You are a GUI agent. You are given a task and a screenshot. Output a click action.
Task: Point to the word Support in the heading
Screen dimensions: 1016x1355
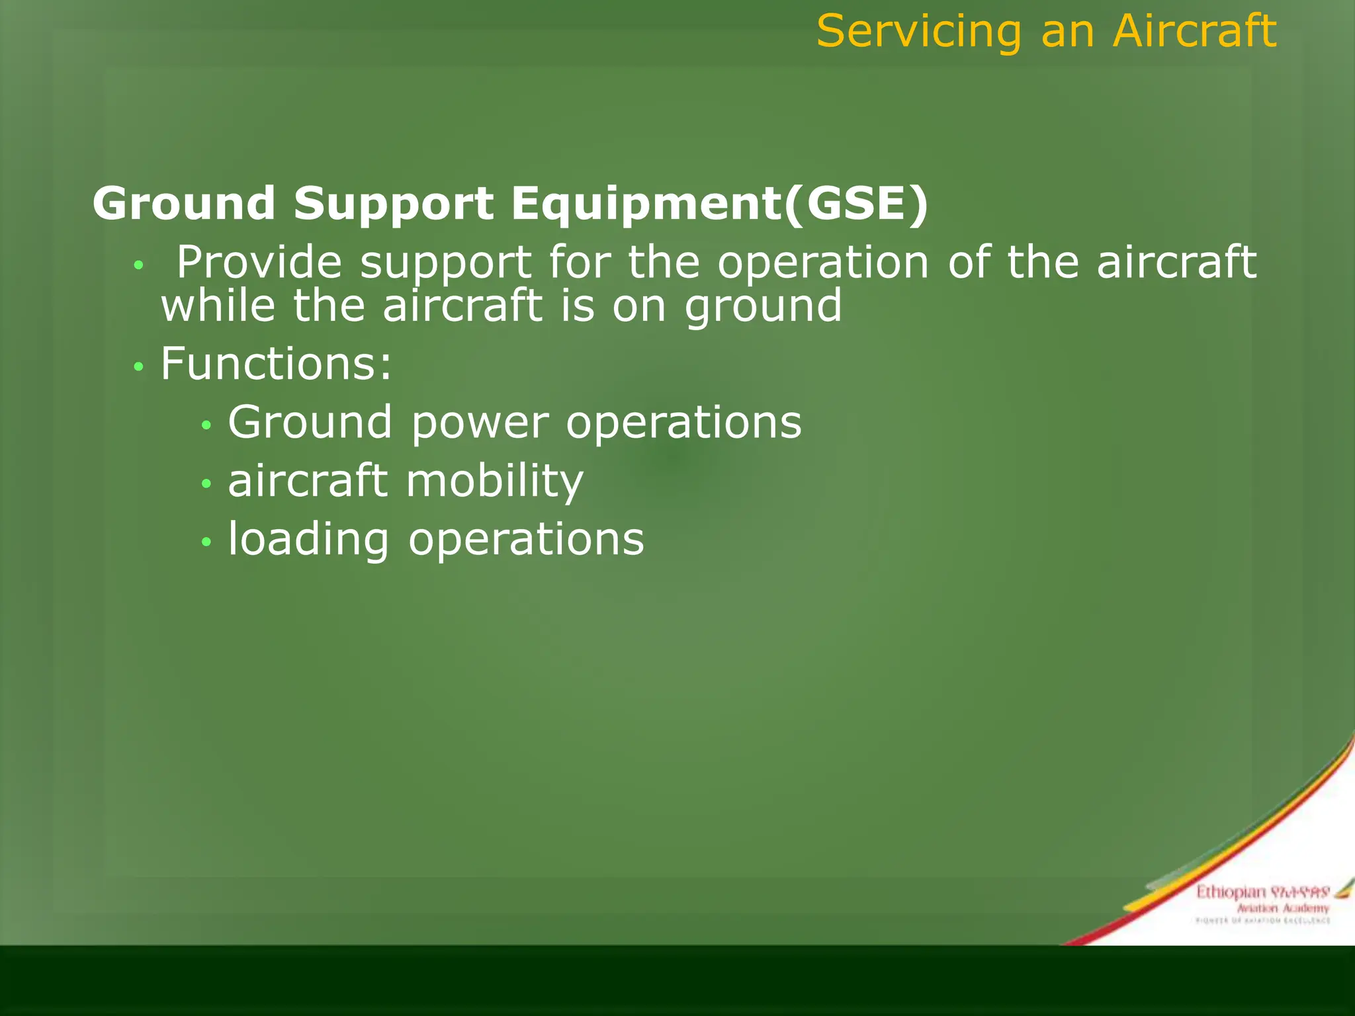(394, 204)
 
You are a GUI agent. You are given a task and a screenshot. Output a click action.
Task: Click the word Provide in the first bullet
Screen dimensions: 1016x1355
(259, 262)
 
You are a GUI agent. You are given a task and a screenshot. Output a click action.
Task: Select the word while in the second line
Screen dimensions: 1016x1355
(218, 306)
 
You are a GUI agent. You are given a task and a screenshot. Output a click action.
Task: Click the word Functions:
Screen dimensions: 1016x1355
(277, 363)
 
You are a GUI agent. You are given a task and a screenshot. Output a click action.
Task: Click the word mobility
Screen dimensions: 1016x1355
(495, 481)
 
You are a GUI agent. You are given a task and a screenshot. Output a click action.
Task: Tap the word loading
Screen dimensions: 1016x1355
(308, 539)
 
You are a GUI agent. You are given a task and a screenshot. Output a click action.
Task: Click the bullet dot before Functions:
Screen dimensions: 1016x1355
(138, 366)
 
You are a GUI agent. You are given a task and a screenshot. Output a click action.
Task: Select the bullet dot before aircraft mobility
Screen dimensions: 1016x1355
(206, 484)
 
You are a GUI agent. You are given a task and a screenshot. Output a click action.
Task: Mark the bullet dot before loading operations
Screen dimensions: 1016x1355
(206, 542)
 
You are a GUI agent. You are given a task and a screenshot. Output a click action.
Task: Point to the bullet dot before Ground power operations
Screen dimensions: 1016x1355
(206, 425)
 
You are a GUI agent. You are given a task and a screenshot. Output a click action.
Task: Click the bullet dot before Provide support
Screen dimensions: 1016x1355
(138, 266)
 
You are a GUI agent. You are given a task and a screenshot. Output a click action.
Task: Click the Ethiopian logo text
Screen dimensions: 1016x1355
(1230, 892)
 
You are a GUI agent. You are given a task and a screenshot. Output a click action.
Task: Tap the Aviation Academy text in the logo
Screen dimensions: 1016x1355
(1282, 908)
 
